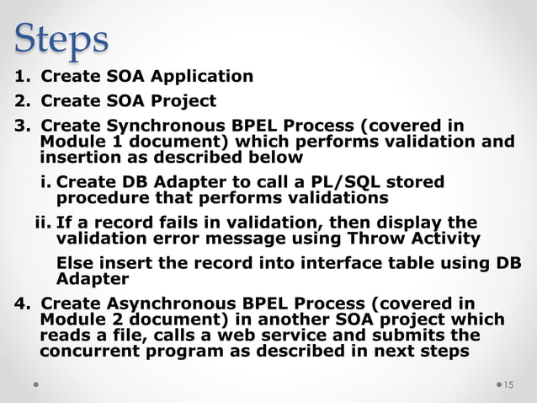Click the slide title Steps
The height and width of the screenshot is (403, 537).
pyautogui.click(x=61, y=37)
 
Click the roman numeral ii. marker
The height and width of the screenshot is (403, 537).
pyautogui.click(x=42, y=223)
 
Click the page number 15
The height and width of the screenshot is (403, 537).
pyautogui.click(x=508, y=385)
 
